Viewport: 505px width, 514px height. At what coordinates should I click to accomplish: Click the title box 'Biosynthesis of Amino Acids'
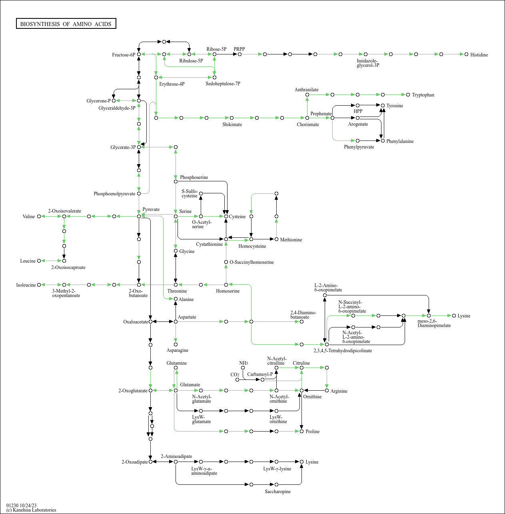(66, 24)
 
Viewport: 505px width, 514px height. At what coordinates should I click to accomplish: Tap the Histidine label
(479, 55)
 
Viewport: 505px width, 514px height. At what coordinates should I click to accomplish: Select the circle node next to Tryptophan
(408, 95)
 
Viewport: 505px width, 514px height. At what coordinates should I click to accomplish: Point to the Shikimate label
(232, 124)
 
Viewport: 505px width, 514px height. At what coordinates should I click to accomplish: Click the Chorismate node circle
(307, 118)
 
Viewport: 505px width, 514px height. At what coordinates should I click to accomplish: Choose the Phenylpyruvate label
(359, 147)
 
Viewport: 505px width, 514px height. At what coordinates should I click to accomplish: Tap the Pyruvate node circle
(139, 216)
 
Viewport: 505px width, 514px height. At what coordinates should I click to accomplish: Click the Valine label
(28, 216)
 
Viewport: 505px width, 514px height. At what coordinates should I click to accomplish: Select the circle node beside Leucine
(39, 261)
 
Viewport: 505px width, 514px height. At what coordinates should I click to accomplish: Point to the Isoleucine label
(26, 285)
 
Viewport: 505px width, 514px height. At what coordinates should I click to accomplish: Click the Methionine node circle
(276, 239)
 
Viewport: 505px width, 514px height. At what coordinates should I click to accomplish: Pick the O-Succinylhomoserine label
(252, 262)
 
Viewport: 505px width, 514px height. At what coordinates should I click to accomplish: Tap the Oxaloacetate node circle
(150, 322)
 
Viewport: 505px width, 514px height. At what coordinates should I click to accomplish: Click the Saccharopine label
(277, 492)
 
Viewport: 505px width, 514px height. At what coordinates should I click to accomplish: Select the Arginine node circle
(327, 390)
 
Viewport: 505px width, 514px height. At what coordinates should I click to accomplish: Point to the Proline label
(312, 431)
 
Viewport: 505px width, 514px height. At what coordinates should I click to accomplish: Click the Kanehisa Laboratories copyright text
(31, 510)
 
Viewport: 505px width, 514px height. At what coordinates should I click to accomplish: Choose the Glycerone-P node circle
(114, 100)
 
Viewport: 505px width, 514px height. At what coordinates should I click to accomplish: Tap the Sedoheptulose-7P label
(223, 84)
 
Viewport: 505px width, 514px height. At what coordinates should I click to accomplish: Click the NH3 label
(244, 363)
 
